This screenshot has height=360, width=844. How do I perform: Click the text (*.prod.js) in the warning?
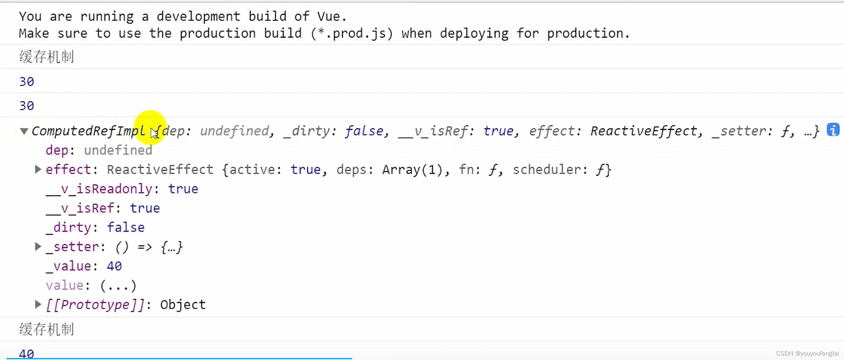tap(352, 33)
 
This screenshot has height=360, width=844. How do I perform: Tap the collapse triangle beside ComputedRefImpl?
tap(24, 131)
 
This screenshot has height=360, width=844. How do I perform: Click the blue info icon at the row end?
tap(833, 130)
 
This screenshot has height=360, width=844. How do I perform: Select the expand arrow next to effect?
tap(38, 169)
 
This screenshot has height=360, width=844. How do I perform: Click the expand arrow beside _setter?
tap(38, 247)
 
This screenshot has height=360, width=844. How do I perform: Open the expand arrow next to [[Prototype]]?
tap(38, 304)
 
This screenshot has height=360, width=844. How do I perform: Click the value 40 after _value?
tap(114, 266)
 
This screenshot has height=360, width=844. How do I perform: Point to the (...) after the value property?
tap(118, 285)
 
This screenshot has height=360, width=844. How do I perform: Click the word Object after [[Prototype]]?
tap(183, 305)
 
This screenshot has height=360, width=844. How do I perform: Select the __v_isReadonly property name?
tap(99, 189)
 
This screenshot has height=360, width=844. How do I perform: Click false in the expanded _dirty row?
tap(125, 227)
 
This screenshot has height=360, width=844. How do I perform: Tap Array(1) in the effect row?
tap(412, 170)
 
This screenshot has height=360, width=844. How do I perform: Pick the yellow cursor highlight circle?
tap(150, 127)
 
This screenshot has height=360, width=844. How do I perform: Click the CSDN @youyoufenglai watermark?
tap(807, 353)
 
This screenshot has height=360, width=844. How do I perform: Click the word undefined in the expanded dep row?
tap(118, 150)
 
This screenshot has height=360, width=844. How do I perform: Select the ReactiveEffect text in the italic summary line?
tap(644, 131)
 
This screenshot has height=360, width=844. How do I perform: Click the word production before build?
tap(218, 33)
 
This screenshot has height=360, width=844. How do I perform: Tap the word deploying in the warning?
tap(474, 33)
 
